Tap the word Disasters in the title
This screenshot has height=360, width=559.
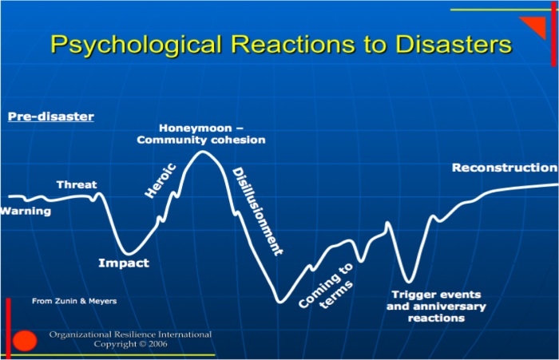click(454, 44)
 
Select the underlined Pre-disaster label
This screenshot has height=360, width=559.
click(51, 117)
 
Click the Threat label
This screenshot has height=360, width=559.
click(77, 184)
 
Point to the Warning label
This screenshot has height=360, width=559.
click(26, 211)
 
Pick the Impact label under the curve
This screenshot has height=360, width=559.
click(124, 263)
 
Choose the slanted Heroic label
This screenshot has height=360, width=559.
click(161, 180)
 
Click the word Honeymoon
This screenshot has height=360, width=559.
click(195, 128)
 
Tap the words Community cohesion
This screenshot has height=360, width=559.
click(201, 140)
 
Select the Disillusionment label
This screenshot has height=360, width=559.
click(257, 212)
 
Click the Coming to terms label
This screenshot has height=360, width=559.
click(326, 286)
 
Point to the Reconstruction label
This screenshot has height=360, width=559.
click(505, 168)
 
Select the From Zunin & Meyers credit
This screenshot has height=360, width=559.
click(74, 301)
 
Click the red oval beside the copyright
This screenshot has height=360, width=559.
click(25, 341)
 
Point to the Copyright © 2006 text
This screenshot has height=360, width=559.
click(130, 344)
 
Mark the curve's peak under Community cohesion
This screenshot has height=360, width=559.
click(202, 152)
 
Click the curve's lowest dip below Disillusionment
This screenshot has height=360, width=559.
click(280, 302)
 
